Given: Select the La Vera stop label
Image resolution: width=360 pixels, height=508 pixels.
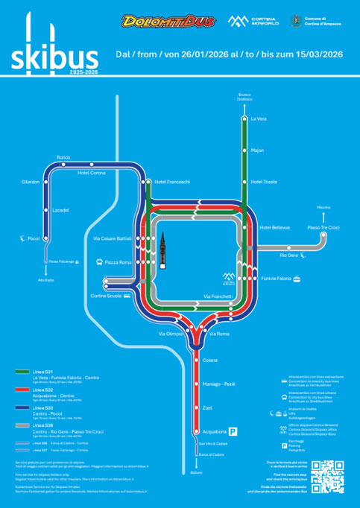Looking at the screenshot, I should point(258,118).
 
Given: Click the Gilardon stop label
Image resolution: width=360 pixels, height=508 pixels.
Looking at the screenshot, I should point(31,182).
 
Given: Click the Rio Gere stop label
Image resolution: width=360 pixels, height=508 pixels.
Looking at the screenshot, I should point(288,255).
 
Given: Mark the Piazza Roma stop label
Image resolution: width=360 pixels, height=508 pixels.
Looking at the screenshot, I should point(118,262).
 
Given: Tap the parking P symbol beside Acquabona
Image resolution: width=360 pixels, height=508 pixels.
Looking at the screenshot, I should point(233,431).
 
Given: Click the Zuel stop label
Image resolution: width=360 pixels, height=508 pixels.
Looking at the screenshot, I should point(208,407).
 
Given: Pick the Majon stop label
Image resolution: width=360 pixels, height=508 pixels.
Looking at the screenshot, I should point(257,150).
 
